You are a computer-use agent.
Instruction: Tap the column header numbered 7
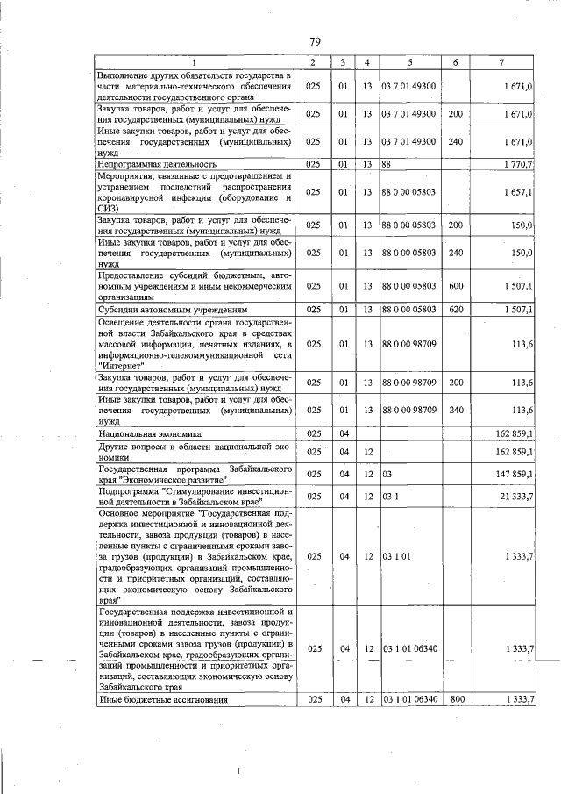point(501,62)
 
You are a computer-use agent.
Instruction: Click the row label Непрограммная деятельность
point(158,163)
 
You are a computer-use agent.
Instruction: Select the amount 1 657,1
point(517,191)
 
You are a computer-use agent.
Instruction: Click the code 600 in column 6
point(455,285)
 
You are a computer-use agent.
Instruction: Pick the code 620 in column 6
point(455,310)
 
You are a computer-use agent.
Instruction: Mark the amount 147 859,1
point(514,474)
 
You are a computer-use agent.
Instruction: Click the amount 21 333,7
point(515,497)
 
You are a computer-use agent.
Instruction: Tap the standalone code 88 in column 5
point(387,163)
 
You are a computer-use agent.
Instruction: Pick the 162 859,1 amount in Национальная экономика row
point(514,433)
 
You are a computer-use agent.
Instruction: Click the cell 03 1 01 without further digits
point(395,556)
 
